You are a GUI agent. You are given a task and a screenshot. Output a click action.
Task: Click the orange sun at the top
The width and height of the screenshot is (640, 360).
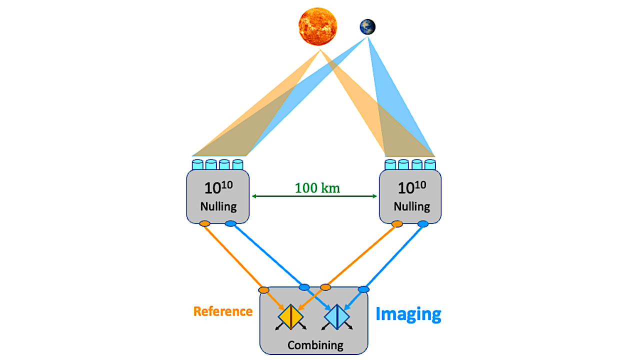pyautogui.click(x=317, y=26)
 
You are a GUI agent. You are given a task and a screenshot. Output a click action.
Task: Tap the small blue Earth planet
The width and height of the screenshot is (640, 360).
pyautogui.click(x=367, y=27)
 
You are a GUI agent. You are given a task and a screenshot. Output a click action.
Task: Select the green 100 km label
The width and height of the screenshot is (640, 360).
pyautogui.click(x=317, y=188)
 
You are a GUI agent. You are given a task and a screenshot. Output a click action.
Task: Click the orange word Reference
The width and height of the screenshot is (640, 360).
pyautogui.click(x=223, y=311)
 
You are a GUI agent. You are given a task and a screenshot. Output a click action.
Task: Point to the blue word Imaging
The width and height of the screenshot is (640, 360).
pyautogui.click(x=408, y=314)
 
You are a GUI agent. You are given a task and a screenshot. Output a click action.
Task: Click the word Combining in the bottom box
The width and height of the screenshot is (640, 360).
pyautogui.click(x=315, y=345)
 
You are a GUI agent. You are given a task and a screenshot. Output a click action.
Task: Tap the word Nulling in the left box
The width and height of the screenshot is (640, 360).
pyautogui.click(x=218, y=206)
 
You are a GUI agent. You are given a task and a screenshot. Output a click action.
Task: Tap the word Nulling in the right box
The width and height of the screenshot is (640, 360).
pyautogui.click(x=412, y=206)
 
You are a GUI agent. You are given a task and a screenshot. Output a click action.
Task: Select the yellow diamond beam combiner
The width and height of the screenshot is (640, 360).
pyautogui.click(x=290, y=317)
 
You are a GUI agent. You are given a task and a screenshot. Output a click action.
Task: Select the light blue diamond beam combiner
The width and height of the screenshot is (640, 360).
pyautogui.click(x=337, y=317)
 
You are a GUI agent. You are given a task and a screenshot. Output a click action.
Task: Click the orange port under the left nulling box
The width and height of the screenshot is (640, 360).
pyautogui.click(x=204, y=223)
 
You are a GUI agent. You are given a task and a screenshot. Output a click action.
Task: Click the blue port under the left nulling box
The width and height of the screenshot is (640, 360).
pyautogui.click(x=230, y=223)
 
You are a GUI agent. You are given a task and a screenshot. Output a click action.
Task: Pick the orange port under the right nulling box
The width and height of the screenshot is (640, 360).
pyautogui.click(x=397, y=223)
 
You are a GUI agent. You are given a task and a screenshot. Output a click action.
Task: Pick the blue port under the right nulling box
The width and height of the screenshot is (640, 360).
pyautogui.click(x=423, y=223)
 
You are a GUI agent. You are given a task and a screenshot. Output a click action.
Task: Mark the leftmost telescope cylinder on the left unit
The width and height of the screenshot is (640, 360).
pyautogui.click(x=197, y=165)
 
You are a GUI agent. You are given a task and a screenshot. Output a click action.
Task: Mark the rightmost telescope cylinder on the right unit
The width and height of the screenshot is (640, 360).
pyautogui.click(x=430, y=165)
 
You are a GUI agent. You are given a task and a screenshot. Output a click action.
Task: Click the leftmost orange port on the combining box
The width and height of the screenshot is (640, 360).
pyautogui.click(x=263, y=290)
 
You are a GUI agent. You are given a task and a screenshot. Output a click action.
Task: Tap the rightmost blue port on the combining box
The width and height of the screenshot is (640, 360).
pyautogui.click(x=363, y=289)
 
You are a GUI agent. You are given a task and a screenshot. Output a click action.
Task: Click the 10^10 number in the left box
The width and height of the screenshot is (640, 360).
pyautogui.click(x=218, y=187)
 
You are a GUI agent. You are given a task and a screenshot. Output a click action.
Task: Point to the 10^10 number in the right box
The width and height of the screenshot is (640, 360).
pyautogui.click(x=412, y=187)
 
